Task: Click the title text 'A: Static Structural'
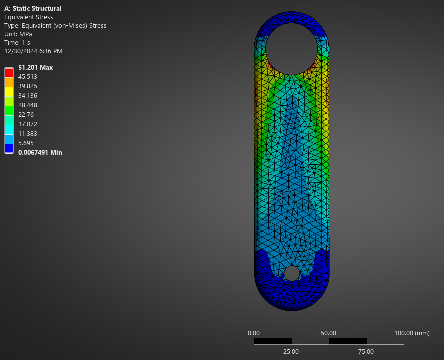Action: [x=33, y=8]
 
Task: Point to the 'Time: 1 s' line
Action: [x=17, y=42]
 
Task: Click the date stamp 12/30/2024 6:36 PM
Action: [x=33, y=51]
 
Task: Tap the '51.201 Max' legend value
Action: [x=35, y=67]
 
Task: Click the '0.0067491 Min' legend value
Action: [x=40, y=152]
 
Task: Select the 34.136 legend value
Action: [x=28, y=95]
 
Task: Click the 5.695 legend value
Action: [x=26, y=143]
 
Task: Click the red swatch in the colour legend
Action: [x=9, y=73]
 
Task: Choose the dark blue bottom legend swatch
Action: [x=9, y=148]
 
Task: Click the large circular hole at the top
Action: [x=291, y=49]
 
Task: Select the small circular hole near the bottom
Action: [x=291, y=273]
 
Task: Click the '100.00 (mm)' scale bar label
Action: [x=412, y=333]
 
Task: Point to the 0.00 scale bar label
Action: [x=254, y=333]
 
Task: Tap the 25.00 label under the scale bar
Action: [x=291, y=351]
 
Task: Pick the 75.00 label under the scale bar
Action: [x=366, y=351]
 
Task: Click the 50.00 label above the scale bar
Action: [x=328, y=333]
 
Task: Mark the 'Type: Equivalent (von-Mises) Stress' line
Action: [x=55, y=25]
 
